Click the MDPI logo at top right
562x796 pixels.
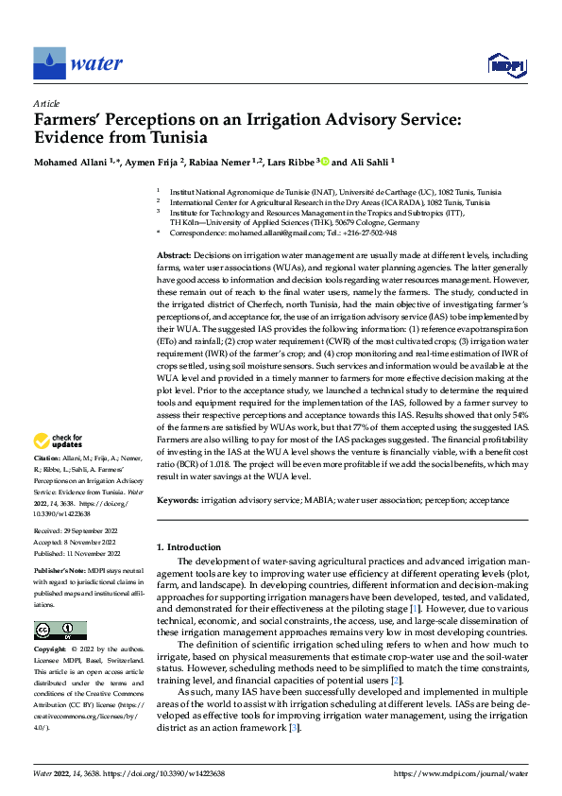(504, 64)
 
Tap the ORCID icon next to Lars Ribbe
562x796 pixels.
(326, 162)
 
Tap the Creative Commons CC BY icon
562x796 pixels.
(60, 631)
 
